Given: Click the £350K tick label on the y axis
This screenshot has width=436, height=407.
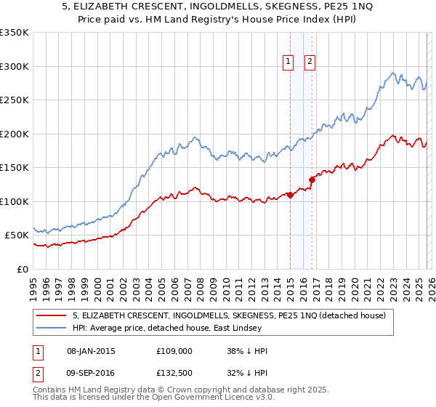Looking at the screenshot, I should pos(14,33).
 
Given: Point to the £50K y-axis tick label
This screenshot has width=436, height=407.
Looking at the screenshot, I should pos(17,235).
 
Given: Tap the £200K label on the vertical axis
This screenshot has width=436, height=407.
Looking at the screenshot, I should pos(14,134).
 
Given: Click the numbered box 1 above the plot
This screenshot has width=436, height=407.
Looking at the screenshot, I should pos(288,63).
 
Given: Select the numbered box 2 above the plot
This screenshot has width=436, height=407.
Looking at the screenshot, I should pos(310,63).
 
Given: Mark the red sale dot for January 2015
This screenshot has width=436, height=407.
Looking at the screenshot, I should pos(290,195).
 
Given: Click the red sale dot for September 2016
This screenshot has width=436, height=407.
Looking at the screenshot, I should pos(312,179).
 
